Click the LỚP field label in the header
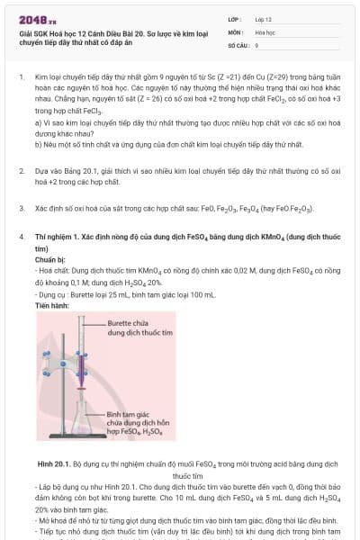pyautogui.click(x=236, y=18)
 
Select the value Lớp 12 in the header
pyautogui.click(x=264, y=18)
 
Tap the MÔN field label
pyautogui.click(x=236, y=31)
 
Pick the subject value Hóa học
pyautogui.click(x=265, y=31)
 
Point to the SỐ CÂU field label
pyautogui.click(x=238, y=44)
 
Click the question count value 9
pyautogui.click(x=257, y=44)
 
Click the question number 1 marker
pyautogui.click(x=21, y=78)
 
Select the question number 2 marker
pyautogui.click(x=21, y=170)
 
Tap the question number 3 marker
pyautogui.click(x=21, y=208)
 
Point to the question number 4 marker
pyautogui.click(x=21, y=236)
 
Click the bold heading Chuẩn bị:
pyautogui.click(x=50, y=258)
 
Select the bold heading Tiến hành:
pyautogui.click(x=52, y=305)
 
